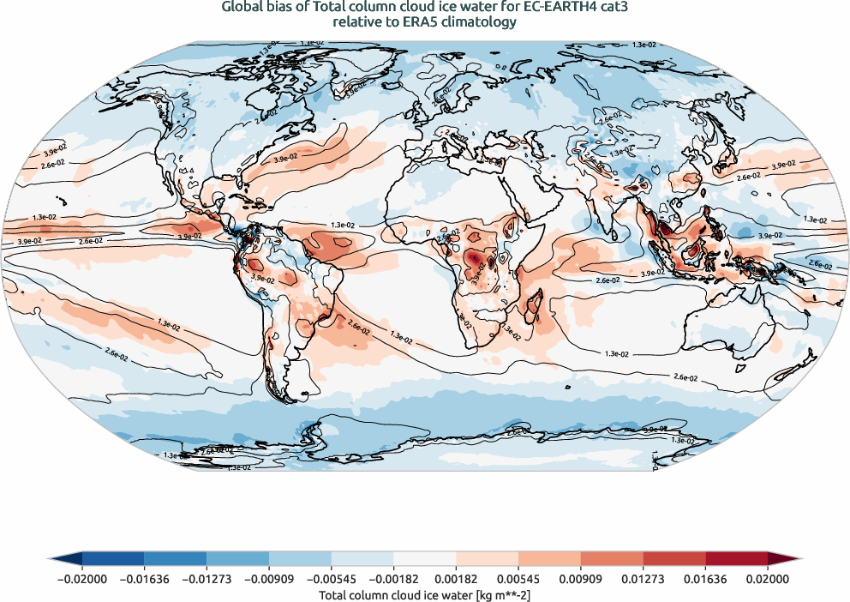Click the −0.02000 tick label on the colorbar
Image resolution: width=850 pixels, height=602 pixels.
82,579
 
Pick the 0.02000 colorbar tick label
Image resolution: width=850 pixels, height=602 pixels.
768,579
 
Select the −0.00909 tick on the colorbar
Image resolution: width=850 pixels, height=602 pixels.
269,579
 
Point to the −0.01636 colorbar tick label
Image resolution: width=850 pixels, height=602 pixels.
144,579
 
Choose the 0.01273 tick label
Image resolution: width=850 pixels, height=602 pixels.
643,579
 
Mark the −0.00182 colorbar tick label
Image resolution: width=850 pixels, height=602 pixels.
393,579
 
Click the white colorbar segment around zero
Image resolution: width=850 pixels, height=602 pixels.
425,558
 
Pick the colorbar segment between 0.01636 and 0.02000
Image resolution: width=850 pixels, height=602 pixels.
736,558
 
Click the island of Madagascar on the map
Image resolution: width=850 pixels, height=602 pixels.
533,307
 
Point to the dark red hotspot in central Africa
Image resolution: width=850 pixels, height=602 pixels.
474,258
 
